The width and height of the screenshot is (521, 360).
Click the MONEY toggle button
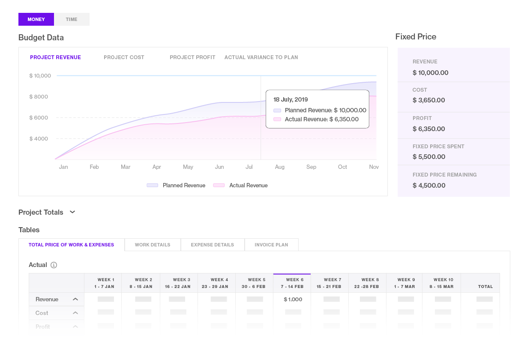tap(36, 19)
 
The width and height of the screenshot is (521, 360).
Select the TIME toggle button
tap(72, 19)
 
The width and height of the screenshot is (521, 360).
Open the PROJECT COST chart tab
tap(124, 57)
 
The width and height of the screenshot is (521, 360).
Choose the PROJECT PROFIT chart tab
tap(192, 57)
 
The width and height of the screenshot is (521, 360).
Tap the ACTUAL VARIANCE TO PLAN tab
tap(261, 57)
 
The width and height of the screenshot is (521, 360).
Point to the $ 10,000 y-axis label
tap(40, 76)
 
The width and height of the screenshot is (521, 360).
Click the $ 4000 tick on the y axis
tap(39, 139)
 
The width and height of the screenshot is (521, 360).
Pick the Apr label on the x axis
tap(157, 167)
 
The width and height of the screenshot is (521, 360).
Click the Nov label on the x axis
tap(374, 167)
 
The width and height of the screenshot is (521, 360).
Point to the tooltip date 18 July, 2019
tap(290, 100)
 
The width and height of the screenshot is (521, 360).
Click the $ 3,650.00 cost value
tap(428, 100)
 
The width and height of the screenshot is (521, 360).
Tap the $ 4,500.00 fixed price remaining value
tap(429, 186)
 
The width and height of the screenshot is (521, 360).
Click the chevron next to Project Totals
tap(72, 212)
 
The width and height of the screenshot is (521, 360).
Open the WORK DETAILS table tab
tap(153, 245)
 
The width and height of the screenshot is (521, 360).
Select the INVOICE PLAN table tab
tap(271, 245)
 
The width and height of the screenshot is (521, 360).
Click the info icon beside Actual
tap(54, 265)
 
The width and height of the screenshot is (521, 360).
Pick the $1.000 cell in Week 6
tap(293, 300)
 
